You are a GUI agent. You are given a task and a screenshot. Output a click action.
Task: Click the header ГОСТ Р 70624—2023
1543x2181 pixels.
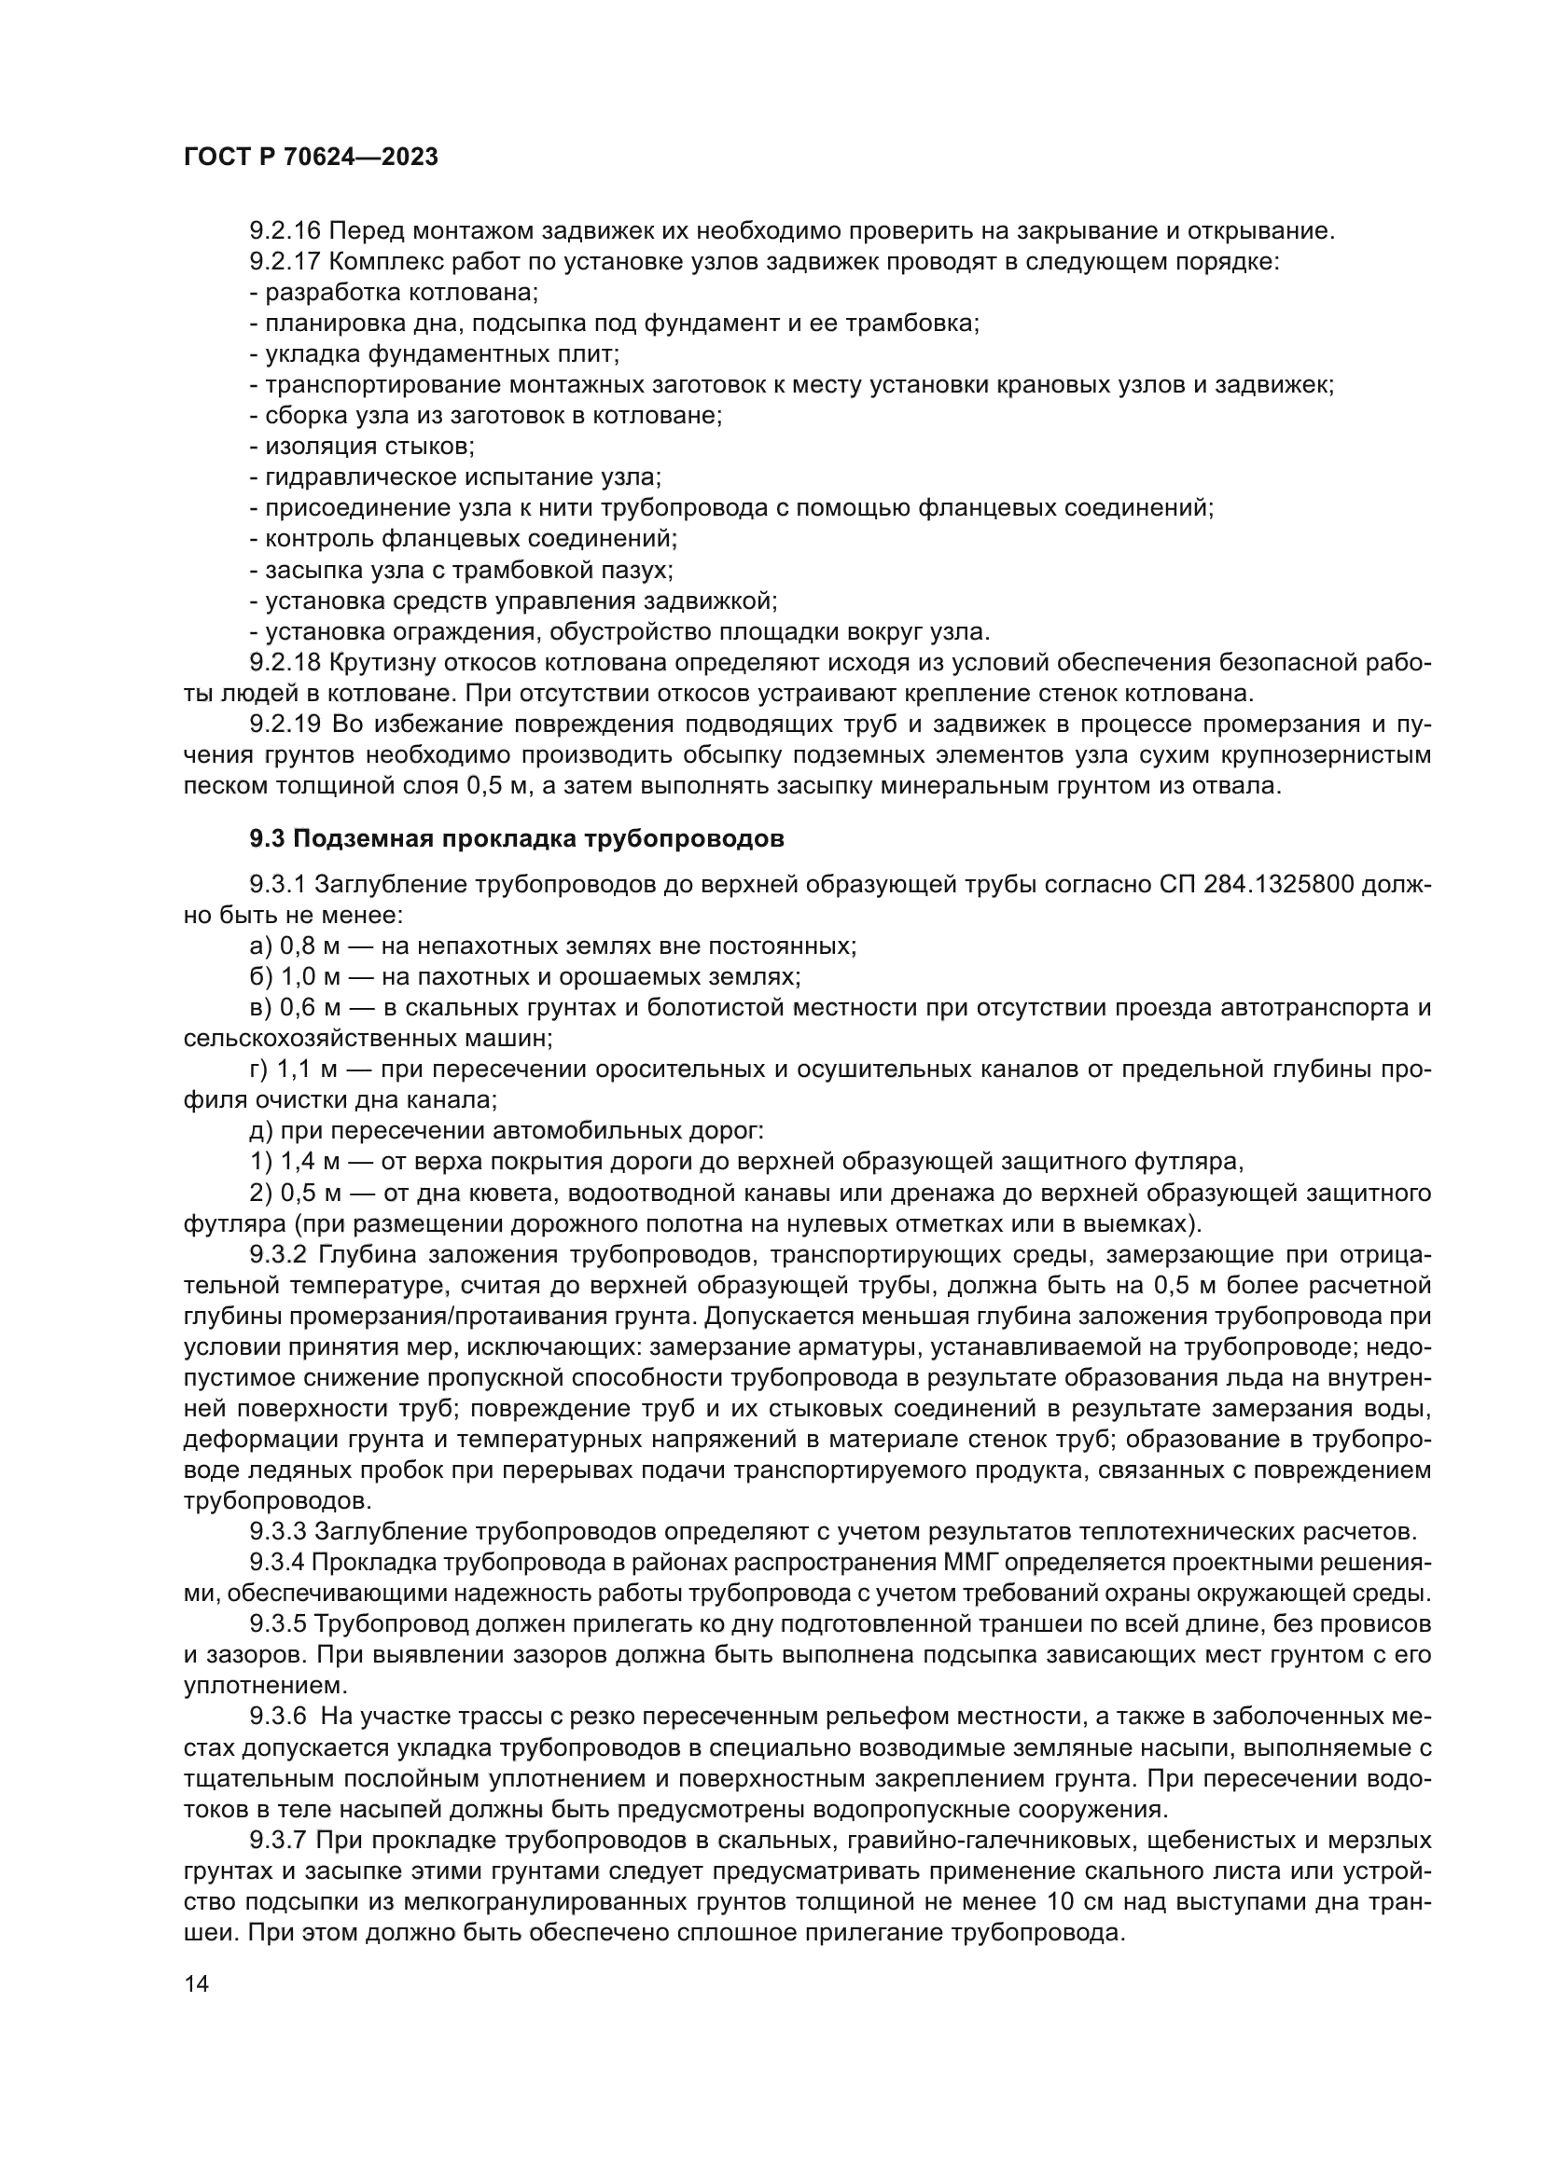point(311,158)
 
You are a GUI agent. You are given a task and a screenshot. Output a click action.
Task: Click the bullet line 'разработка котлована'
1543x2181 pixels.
point(395,293)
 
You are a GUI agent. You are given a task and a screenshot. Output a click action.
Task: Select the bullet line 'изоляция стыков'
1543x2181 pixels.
point(362,447)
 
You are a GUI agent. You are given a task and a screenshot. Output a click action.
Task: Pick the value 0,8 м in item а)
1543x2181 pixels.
point(309,946)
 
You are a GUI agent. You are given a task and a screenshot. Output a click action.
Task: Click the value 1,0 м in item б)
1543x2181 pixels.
point(309,976)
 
